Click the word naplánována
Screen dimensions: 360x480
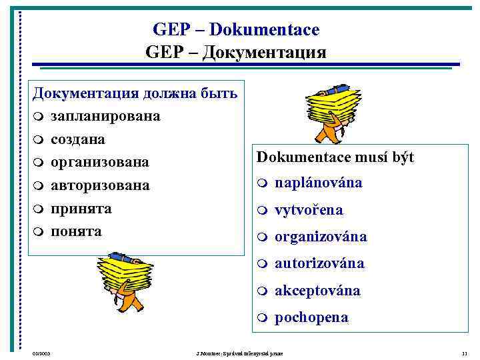click(x=319, y=183)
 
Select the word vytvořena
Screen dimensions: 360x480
click(x=309, y=210)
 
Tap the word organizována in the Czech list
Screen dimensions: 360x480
click(x=321, y=237)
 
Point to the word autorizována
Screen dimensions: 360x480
click(x=319, y=263)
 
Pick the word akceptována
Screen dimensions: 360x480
click(x=317, y=291)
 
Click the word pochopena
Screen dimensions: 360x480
click(x=311, y=317)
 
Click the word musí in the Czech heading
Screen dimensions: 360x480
click(x=365, y=157)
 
